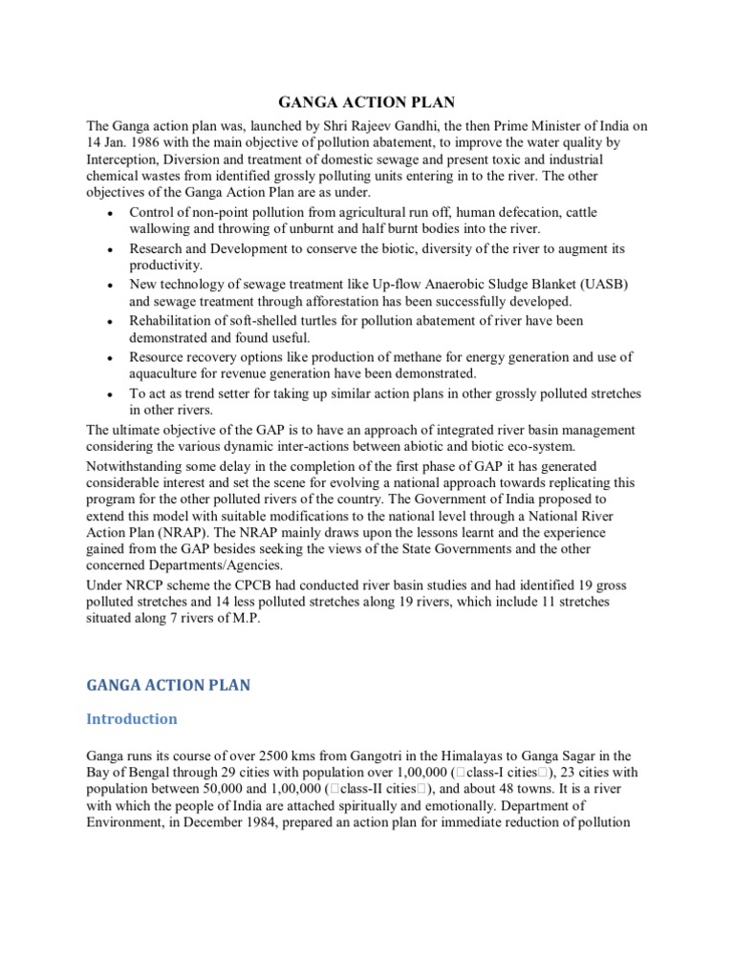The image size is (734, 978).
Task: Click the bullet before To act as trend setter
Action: (113, 395)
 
